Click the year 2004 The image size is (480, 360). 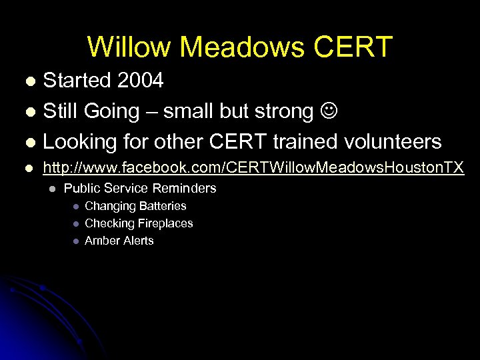139,81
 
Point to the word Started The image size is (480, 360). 77,81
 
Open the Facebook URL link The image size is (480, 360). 253,167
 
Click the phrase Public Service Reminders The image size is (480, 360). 140,189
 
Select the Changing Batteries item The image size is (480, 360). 135,206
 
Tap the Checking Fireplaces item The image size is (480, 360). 139,223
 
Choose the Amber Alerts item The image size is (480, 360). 119,241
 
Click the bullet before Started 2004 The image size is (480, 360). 29,82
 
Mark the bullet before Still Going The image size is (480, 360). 29,112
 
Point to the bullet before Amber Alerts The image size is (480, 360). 75,241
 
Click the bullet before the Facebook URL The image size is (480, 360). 29,168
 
